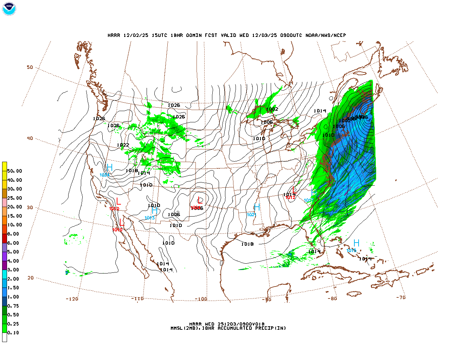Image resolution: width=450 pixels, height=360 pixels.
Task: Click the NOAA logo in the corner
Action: tap(9, 9)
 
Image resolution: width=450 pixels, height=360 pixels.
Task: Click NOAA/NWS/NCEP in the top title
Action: tap(326, 35)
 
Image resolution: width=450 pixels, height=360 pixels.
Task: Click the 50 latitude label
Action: tap(30, 67)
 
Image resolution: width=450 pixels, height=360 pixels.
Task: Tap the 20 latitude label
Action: tap(31, 278)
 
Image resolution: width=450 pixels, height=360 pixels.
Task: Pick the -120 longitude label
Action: tap(72, 299)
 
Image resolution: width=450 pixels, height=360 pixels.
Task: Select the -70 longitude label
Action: tap(401, 297)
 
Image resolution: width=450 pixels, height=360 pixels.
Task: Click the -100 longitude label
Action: tap(201, 299)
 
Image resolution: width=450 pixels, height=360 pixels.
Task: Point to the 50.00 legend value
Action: tap(14, 171)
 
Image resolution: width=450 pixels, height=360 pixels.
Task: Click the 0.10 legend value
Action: tap(13, 333)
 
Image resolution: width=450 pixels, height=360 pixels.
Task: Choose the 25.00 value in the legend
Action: tap(14, 198)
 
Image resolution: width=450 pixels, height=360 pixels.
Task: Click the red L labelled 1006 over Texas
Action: tap(200, 201)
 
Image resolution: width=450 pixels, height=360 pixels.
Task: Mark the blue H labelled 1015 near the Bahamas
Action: tap(356, 243)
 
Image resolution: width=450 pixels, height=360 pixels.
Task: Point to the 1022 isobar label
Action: tap(123, 145)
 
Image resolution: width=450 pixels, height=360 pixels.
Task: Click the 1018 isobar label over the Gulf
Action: tap(247, 244)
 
